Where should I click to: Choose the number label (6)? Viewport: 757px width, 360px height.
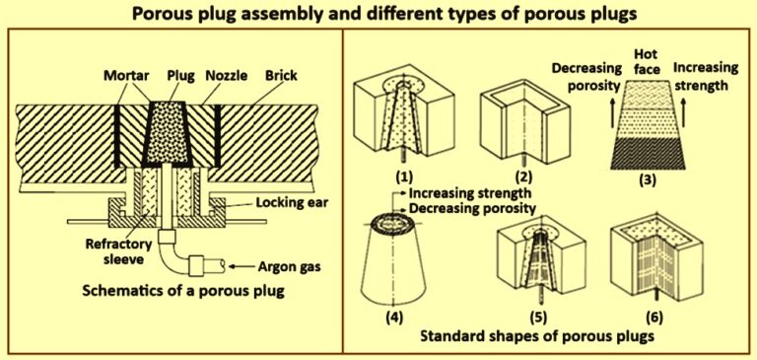click(652, 318)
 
